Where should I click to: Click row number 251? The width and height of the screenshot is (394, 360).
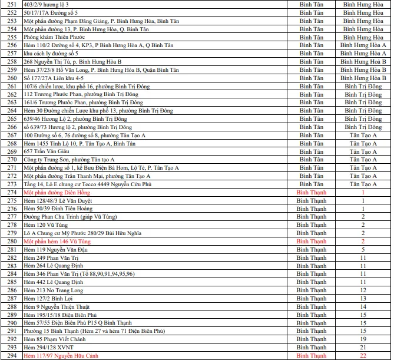pos(11,4)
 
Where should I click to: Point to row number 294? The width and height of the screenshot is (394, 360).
pos(11,356)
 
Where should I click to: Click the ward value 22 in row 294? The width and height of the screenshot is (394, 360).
pos(363,356)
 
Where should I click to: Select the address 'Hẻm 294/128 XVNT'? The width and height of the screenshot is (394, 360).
pos(48,348)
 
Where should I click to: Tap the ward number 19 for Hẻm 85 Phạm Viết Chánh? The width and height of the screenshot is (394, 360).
pos(363,339)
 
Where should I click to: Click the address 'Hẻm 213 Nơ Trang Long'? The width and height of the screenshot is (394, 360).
pos(54,290)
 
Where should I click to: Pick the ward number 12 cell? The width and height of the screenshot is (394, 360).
pos(363,290)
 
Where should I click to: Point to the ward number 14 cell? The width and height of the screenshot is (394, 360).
pos(363,307)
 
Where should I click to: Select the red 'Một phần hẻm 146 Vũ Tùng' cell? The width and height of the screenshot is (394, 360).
pos(57,242)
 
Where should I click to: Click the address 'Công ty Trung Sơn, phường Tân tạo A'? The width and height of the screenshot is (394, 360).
pos(69,160)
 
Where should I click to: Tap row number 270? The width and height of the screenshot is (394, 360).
pos(11,160)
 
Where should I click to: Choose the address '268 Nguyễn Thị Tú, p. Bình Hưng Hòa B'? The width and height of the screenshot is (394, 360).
pos(72,61)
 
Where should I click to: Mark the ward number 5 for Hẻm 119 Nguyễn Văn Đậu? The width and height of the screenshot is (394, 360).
pos(363,250)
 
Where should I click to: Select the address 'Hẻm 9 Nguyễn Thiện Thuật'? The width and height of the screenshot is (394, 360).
pos(57,307)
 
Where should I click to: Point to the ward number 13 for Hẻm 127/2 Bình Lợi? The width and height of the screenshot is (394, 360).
pos(363,299)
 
